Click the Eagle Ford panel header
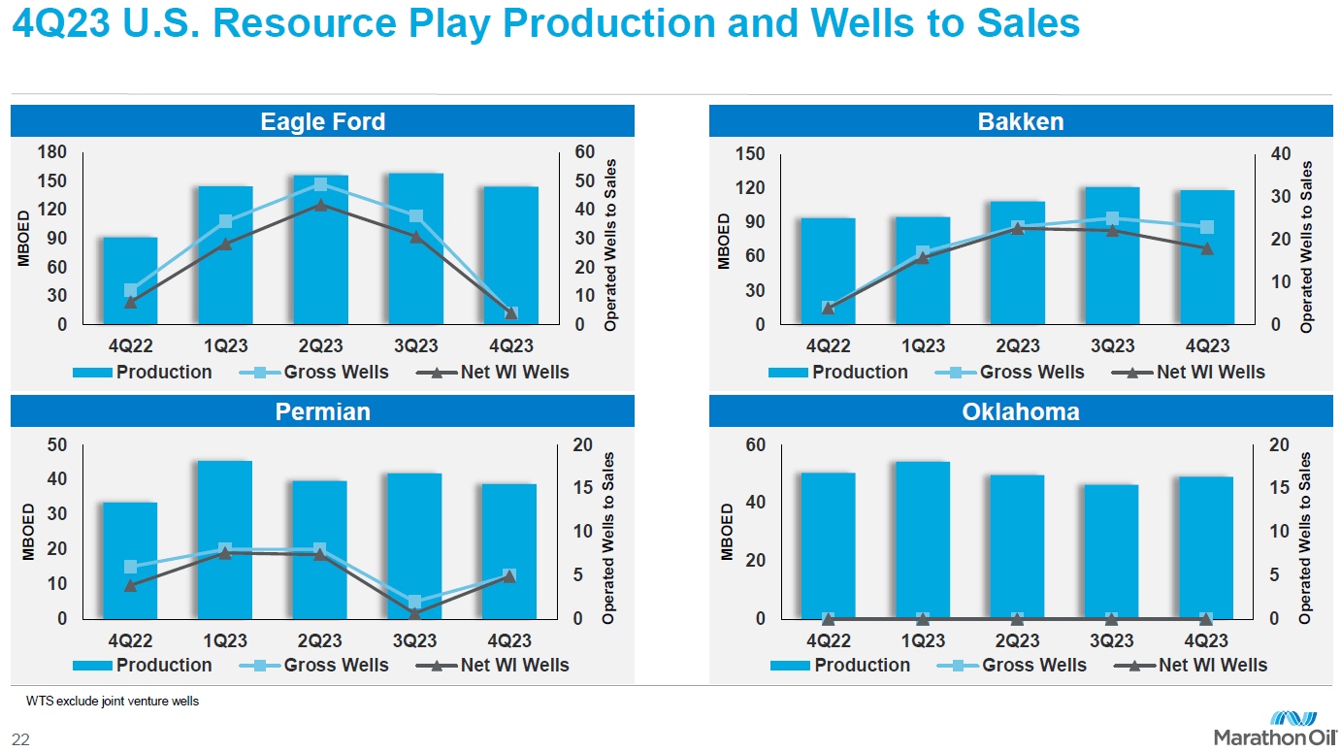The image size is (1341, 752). click(322, 121)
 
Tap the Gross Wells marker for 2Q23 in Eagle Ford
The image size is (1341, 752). click(320, 184)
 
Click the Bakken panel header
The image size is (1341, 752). click(1020, 121)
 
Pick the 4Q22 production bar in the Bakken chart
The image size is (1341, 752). click(828, 271)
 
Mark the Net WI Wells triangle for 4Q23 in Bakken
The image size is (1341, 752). click(1207, 248)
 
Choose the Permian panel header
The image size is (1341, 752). click(322, 411)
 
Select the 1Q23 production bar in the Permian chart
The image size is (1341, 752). click(225, 539)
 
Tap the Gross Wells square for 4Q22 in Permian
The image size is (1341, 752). click(131, 568)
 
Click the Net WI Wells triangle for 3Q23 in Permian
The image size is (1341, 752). click(414, 613)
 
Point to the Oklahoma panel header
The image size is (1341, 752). click(1020, 411)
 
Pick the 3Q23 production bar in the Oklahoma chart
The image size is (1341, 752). click(1112, 551)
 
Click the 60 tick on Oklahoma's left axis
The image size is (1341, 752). click(756, 445)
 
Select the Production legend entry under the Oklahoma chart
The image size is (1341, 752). click(840, 665)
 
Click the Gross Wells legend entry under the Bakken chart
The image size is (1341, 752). click(1010, 372)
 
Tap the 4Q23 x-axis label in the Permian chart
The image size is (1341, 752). click(509, 640)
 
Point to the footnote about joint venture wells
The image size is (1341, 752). click(113, 701)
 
